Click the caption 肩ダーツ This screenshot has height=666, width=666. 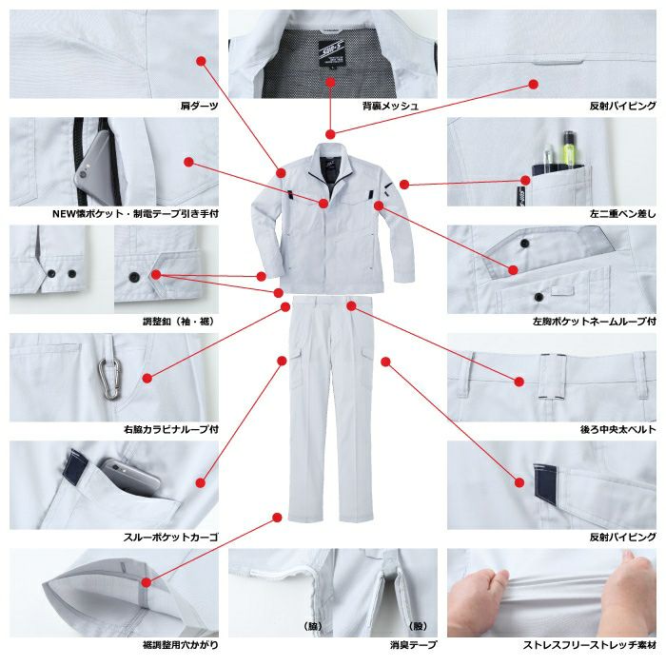(x=199, y=106)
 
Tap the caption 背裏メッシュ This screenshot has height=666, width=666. (x=390, y=106)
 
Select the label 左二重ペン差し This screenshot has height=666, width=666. (x=622, y=214)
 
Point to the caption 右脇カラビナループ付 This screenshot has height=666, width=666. (x=171, y=429)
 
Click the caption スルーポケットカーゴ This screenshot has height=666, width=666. (x=170, y=538)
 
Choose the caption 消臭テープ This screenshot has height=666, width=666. (x=413, y=645)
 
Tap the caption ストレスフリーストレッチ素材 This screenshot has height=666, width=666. (x=590, y=645)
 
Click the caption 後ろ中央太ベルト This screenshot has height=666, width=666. (x=618, y=429)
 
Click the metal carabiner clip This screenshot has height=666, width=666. (x=109, y=380)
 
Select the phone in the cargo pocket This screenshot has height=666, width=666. (x=130, y=477)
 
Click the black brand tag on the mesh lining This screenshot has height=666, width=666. (x=332, y=55)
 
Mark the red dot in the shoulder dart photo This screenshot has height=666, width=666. (x=202, y=61)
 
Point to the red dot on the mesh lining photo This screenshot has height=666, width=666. (x=331, y=83)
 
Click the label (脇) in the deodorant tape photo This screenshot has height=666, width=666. (x=313, y=626)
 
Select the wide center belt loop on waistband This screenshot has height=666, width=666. (x=553, y=377)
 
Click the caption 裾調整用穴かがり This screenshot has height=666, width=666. (x=181, y=645)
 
